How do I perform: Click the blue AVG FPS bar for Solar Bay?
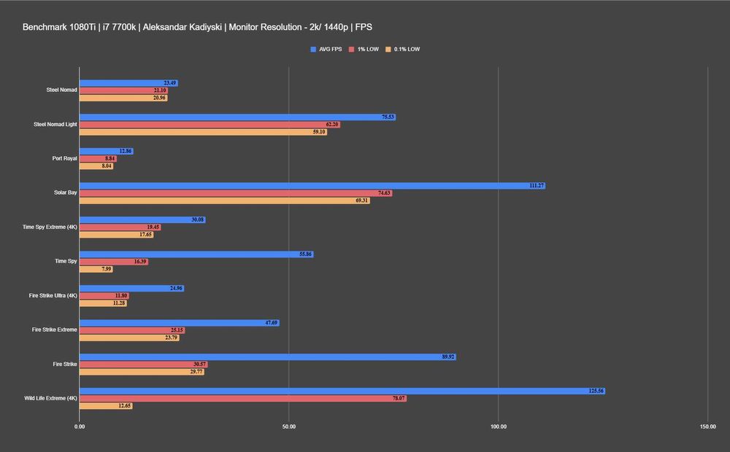pos(312,186)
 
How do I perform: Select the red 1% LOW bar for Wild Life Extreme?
pos(242,399)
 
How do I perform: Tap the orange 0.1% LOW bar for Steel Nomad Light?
pos(203,132)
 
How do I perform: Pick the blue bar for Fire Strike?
pos(267,357)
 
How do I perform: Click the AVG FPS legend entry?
pos(326,50)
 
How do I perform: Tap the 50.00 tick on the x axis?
pos(289,426)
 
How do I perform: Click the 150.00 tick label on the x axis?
pos(707,426)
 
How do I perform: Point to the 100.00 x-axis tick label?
pos(499,426)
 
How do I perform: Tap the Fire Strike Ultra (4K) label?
pos(53,295)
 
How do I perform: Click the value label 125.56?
pos(596,391)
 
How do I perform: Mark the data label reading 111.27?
pos(537,186)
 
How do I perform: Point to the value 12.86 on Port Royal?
pos(126,152)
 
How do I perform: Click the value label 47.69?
pos(271,323)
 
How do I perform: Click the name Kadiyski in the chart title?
pos(204,27)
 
